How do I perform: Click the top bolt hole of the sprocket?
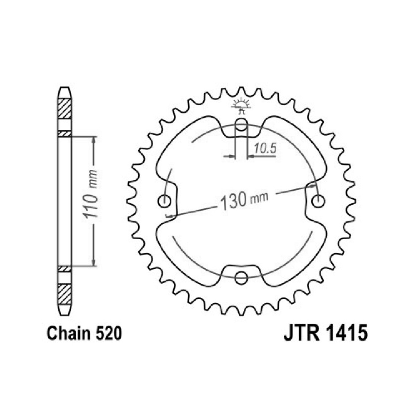241,124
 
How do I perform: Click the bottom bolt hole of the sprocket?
241,277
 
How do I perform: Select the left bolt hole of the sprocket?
164,201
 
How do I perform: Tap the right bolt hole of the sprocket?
318,201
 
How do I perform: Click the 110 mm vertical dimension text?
90,194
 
